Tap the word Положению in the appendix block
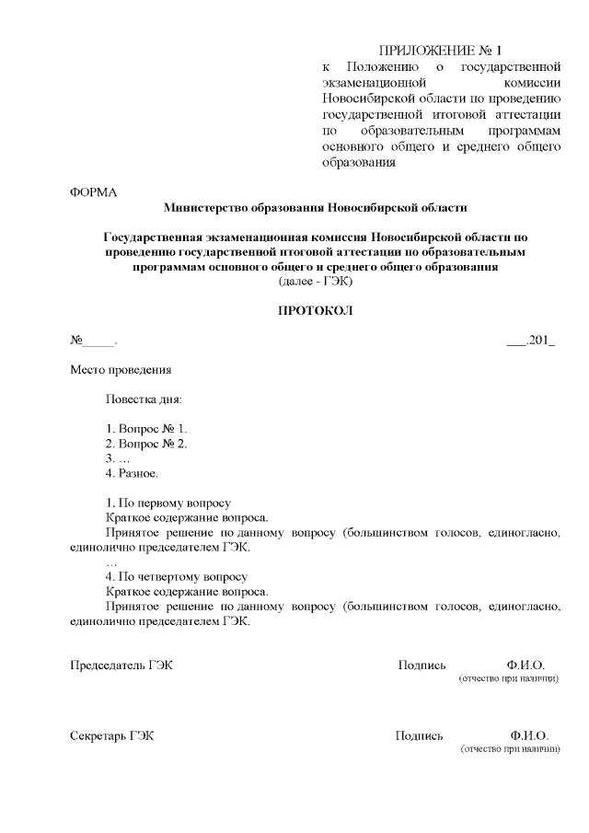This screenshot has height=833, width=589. point(383,67)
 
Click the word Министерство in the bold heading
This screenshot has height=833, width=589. point(208,207)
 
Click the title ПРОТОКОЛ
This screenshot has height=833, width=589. point(316,311)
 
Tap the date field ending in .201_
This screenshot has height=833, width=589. point(530,341)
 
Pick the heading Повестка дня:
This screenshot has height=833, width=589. point(144,400)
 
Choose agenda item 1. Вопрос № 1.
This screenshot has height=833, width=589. point(147,429)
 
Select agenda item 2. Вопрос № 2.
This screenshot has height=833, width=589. point(147,444)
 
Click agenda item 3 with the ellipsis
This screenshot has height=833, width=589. point(118,458)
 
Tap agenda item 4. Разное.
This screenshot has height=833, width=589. point(133,473)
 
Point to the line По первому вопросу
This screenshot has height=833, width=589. point(168,503)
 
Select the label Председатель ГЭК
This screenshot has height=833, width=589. point(121,665)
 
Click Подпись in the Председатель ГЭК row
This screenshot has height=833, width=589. point(422,665)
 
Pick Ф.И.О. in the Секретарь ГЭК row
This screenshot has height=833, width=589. point(528,735)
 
